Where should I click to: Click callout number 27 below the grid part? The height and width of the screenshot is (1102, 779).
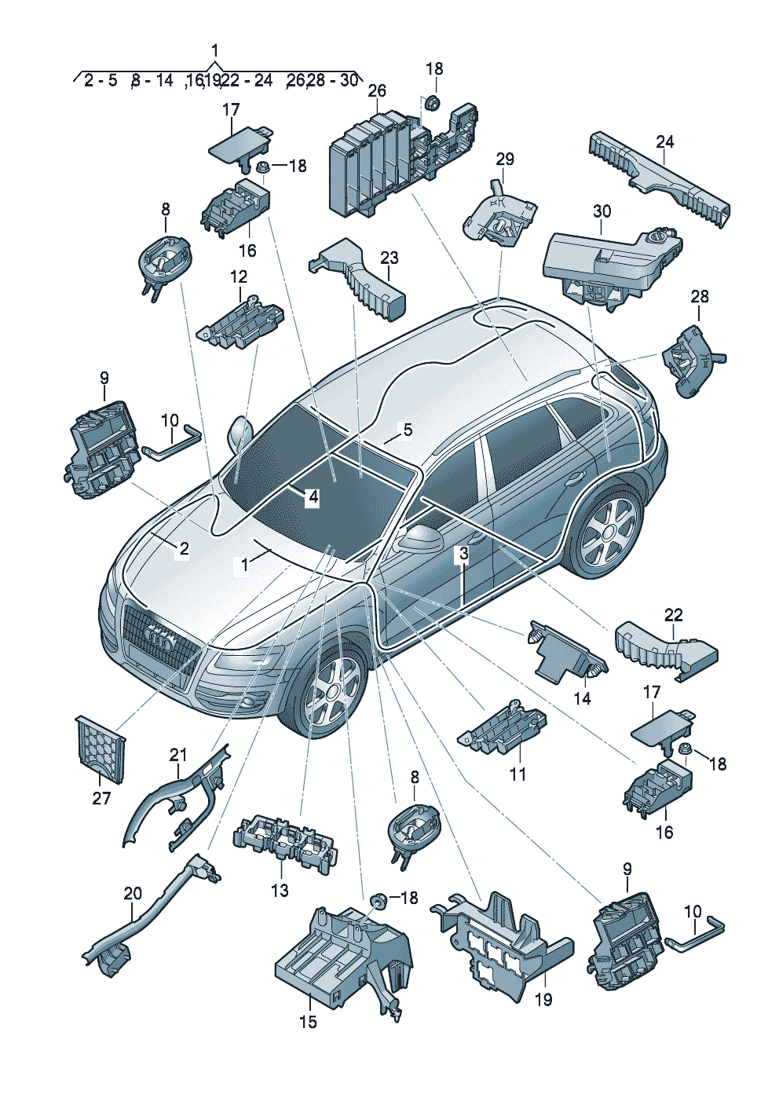pos(101,797)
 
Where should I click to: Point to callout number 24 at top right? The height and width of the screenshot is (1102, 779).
pos(664,142)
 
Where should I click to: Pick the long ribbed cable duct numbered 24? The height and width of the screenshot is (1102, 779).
pos(660,179)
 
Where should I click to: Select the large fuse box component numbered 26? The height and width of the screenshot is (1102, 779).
pos(404,163)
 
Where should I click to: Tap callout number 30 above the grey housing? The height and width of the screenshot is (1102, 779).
pos(602,211)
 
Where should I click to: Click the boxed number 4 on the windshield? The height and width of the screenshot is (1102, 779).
pos(313,498)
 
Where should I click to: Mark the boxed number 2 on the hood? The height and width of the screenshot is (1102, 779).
pos(184,549)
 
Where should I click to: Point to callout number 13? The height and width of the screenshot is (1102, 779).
pos(280,890)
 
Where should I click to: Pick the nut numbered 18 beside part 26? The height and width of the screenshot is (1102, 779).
pos(433,104)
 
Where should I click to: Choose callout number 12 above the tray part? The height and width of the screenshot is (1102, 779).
pos(239,277)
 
